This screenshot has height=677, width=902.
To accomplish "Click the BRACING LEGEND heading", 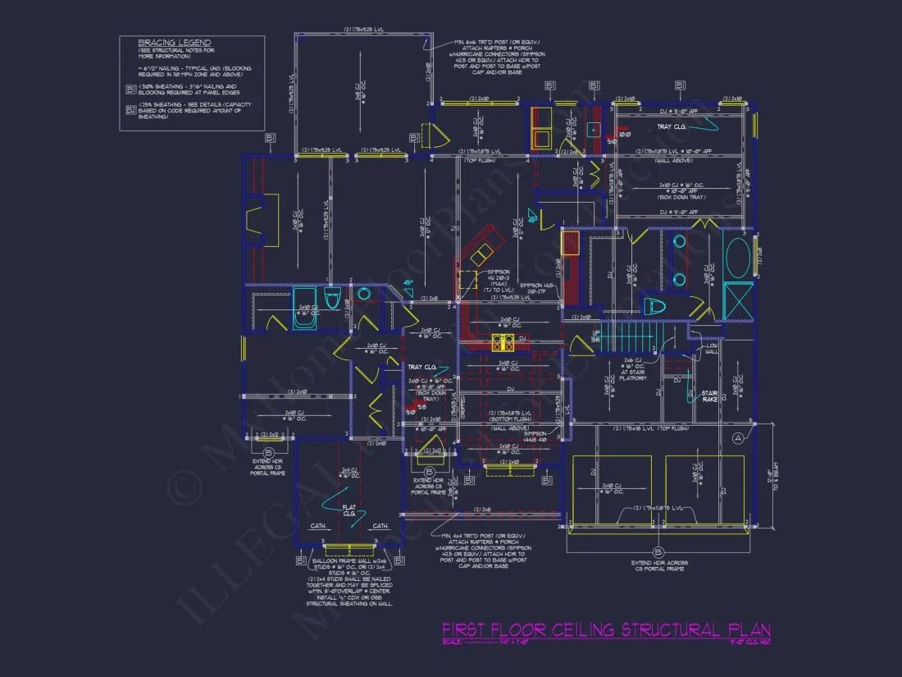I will (174, 43).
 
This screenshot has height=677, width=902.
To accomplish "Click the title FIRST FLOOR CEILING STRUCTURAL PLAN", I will (606, 629).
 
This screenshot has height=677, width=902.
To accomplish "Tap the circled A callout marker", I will (737, 438).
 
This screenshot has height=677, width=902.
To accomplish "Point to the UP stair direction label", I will (595, 335).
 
